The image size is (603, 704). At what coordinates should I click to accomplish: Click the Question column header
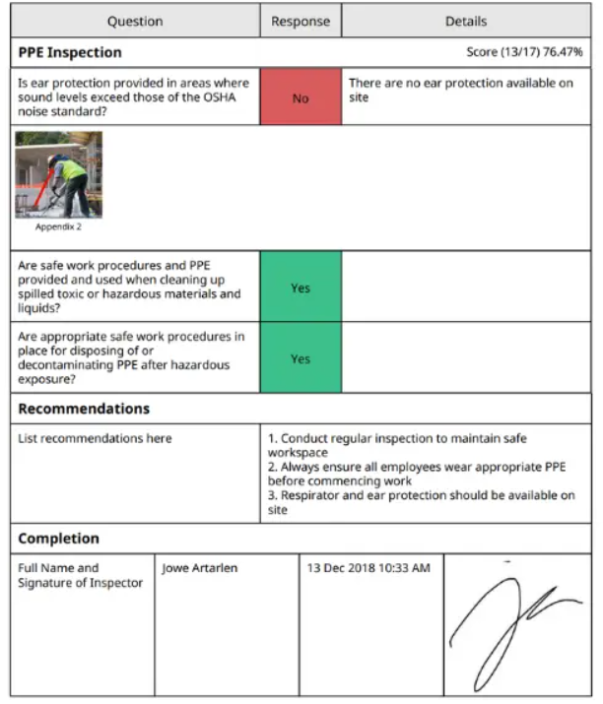click(x=135, y=22)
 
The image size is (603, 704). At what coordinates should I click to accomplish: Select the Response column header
click(x=301, y=22)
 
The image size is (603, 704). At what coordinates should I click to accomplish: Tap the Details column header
click(x=466, y=22)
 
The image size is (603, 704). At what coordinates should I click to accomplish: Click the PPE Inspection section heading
click(x=70, y=52)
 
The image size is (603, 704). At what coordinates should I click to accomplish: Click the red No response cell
click(x=301, y=98)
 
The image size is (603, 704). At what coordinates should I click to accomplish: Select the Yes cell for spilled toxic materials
click(x=301, y=288)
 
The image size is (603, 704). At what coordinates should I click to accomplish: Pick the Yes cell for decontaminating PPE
click(x=301, y=358)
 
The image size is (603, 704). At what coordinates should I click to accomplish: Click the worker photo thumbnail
click(x=58, y=174)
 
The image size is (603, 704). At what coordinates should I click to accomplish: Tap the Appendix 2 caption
click(x=58, y=226)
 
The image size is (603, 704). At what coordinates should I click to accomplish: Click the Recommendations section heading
click(x=84, y=409)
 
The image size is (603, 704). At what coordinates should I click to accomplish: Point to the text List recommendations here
click(x=95, y=438)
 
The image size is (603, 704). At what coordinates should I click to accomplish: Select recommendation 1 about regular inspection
click(x=415, y=445)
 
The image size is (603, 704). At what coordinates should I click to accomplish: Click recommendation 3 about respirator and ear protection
click(x=421, y=502)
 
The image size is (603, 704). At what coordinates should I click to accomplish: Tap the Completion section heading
click(x=59, y=539)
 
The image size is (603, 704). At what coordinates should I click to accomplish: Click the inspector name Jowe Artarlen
click(x=200, y=568)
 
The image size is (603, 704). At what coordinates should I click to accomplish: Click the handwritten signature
click(x=512, y=625)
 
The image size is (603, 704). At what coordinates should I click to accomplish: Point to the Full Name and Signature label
click(x=81, y=575)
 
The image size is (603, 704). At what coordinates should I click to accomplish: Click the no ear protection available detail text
click(x=460, y=91)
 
